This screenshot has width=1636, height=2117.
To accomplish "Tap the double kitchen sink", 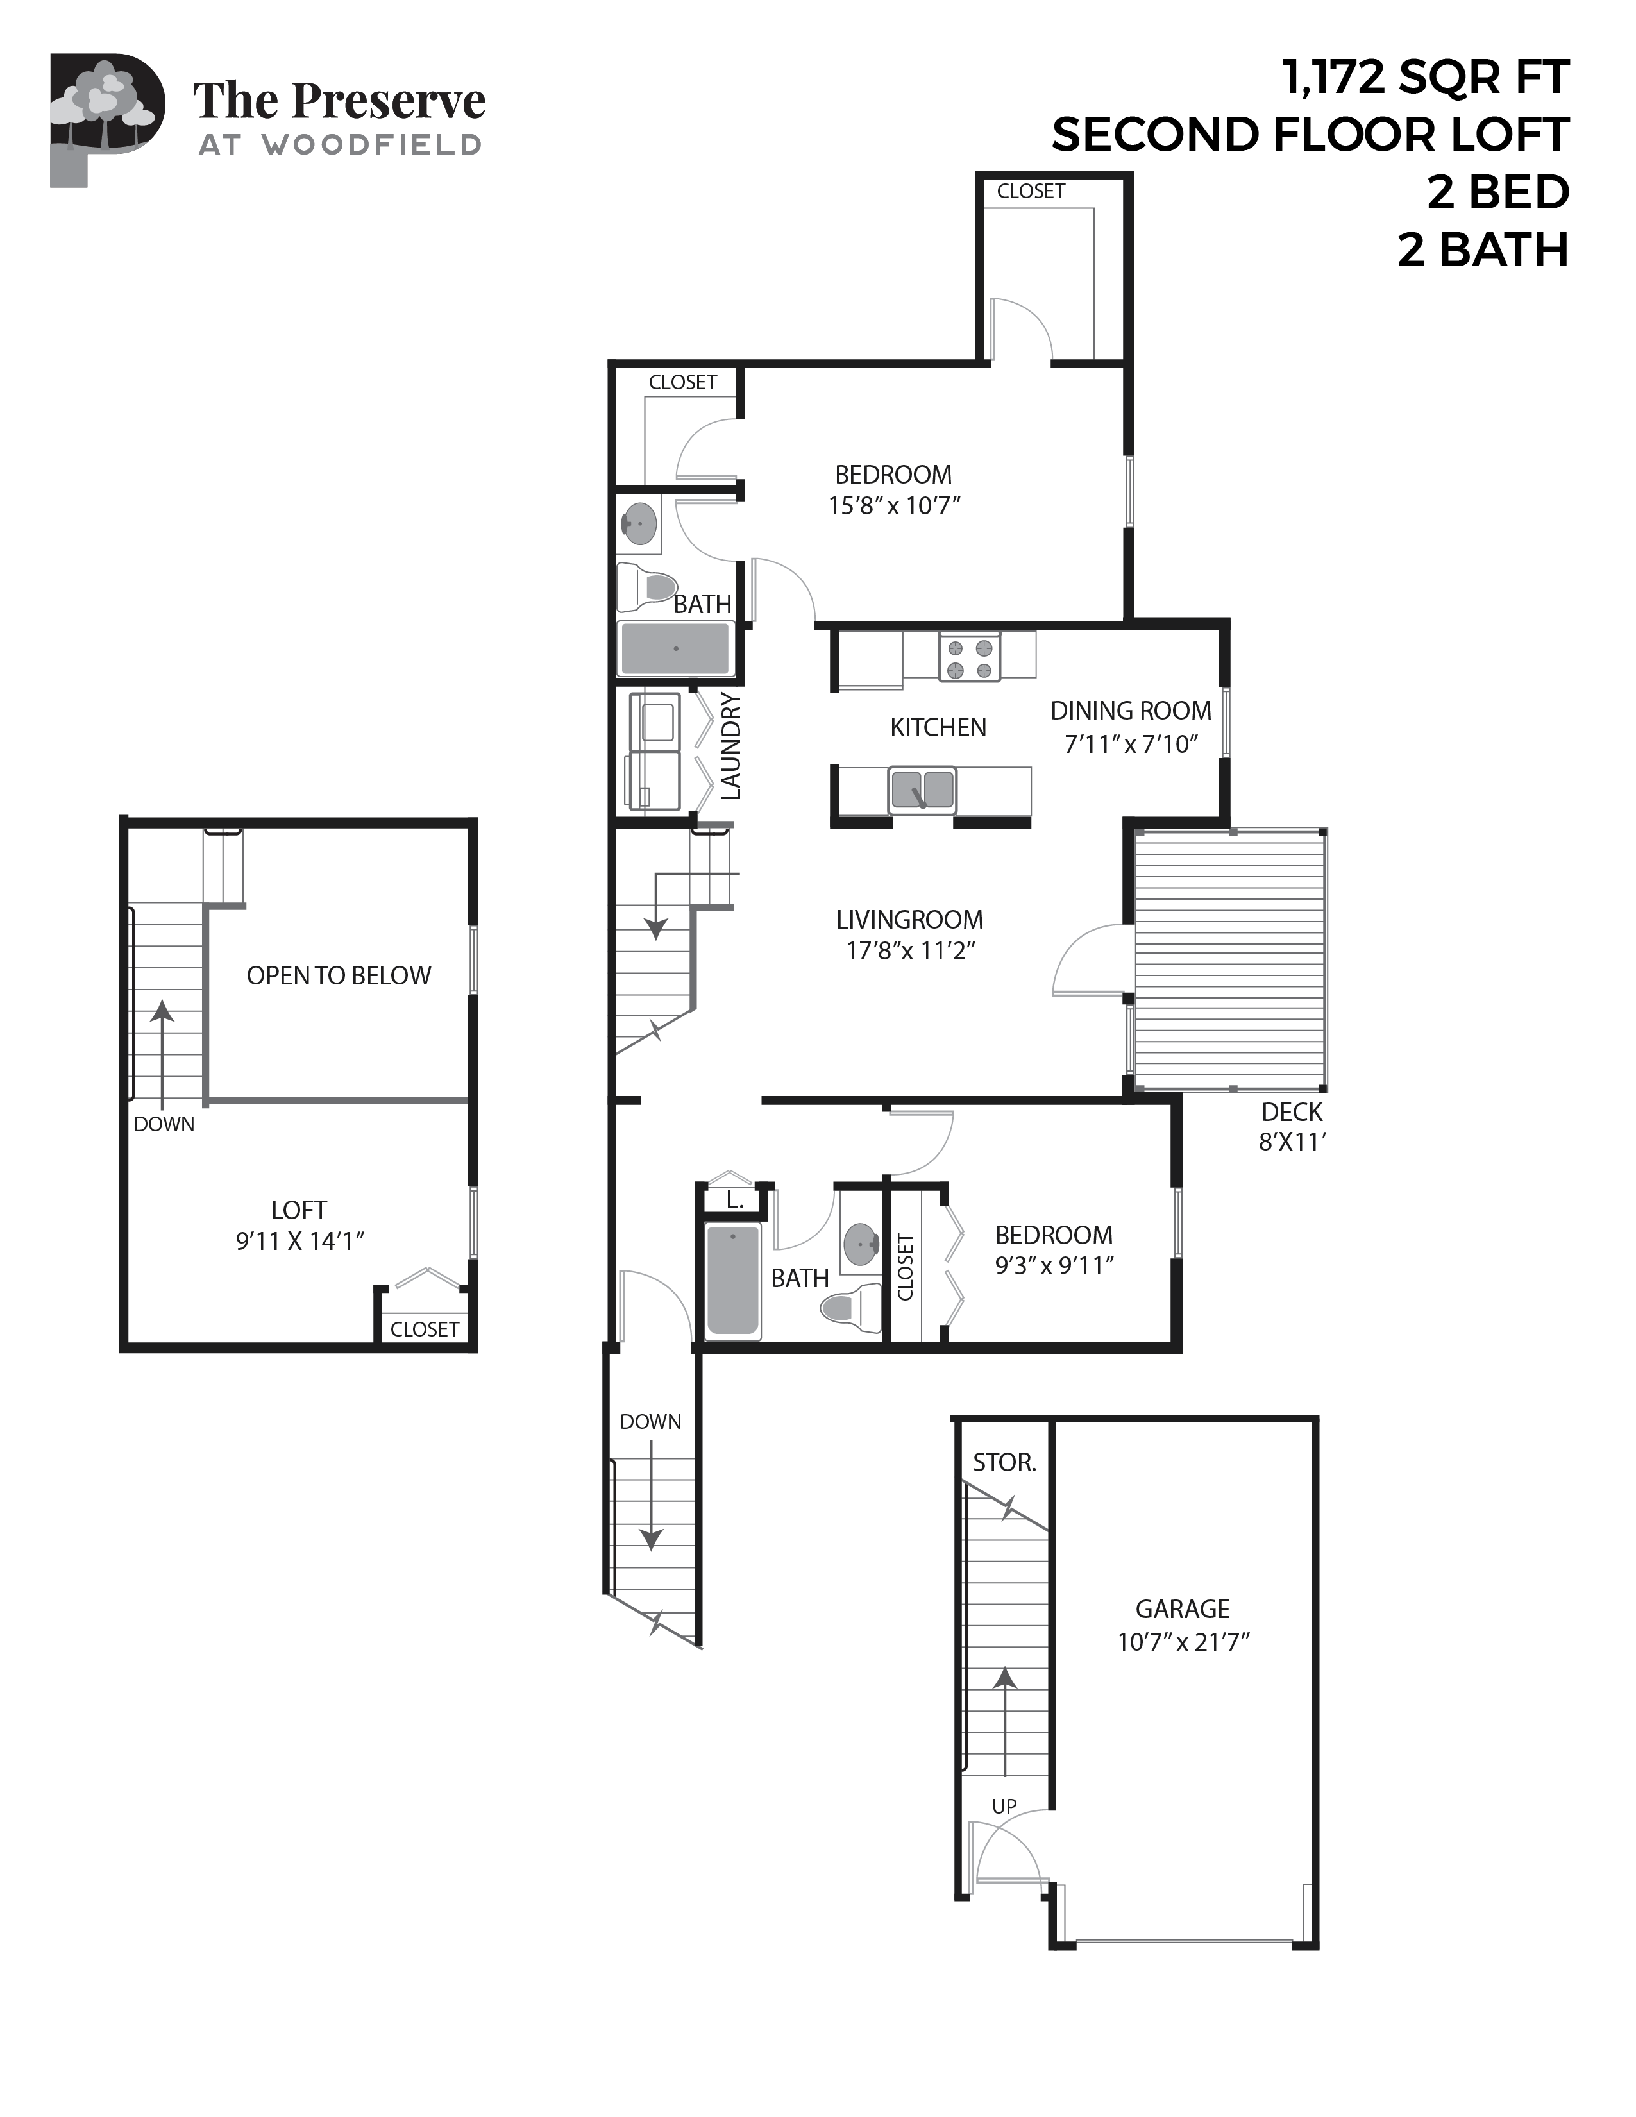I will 922,790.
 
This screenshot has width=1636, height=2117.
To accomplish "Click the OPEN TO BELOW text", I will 338,975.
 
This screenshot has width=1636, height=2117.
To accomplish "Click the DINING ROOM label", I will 1130,711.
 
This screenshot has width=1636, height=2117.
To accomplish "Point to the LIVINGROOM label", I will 909,920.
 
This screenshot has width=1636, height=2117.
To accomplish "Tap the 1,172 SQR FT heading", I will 1425,78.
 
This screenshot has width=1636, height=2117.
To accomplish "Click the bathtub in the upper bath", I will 675,648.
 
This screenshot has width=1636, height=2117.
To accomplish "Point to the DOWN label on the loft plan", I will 164,1124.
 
